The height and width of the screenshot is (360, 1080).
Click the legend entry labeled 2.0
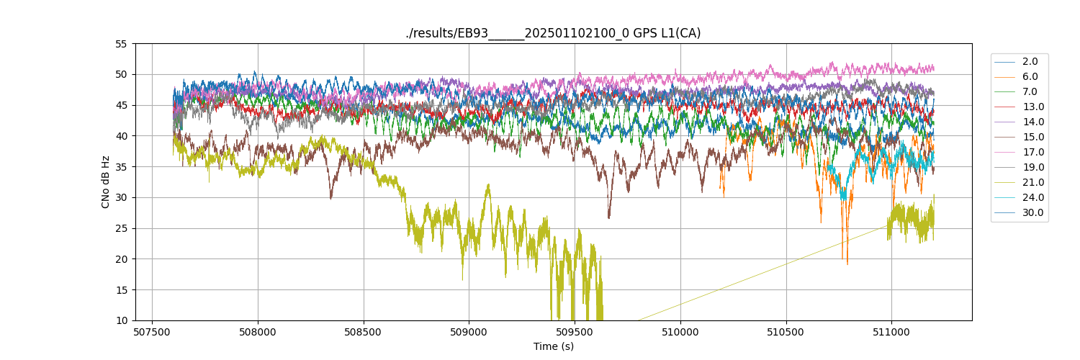click(1030, 61)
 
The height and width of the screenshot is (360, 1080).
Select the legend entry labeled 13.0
click(1032, 107)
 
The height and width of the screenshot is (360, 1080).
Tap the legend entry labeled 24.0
click(1032, 197)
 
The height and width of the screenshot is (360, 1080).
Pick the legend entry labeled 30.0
click(1032, 212)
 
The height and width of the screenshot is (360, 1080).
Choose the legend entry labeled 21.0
click(1032, 182)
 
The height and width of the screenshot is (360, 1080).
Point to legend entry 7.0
click(1030, 91)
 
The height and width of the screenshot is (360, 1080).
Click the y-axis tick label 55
click(121, 44)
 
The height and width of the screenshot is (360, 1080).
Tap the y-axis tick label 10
click(121, 320)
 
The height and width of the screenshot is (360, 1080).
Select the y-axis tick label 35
click(121, 167)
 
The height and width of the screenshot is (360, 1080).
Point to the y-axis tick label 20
click(121, 259)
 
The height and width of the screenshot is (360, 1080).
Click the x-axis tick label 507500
click(152, 333)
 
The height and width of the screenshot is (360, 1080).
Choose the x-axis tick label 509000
click(469, 333)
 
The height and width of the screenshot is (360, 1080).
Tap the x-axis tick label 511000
click(891, 333)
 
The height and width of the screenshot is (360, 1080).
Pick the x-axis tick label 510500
click(786, 333)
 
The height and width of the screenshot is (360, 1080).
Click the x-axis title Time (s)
click(553, 346)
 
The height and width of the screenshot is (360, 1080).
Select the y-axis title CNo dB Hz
click(106, 182)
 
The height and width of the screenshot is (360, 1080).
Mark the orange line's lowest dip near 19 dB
click(847, 264)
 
